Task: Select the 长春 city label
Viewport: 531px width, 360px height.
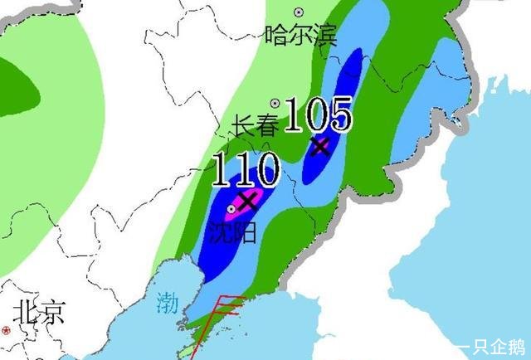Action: pos(254,126)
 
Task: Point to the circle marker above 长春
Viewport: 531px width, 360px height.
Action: pos(274,104)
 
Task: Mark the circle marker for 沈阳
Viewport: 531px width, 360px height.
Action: pos(231,209)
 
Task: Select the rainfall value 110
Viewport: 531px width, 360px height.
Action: pos(245,172)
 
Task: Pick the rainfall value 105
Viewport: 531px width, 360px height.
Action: pos(319,114)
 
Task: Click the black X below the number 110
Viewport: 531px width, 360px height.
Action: pos(247,200)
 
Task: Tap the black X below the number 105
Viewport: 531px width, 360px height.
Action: pos(320,147)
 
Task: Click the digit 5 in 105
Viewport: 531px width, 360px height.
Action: pos(339,114)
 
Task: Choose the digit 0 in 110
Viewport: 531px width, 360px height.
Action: pos(263,172)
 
